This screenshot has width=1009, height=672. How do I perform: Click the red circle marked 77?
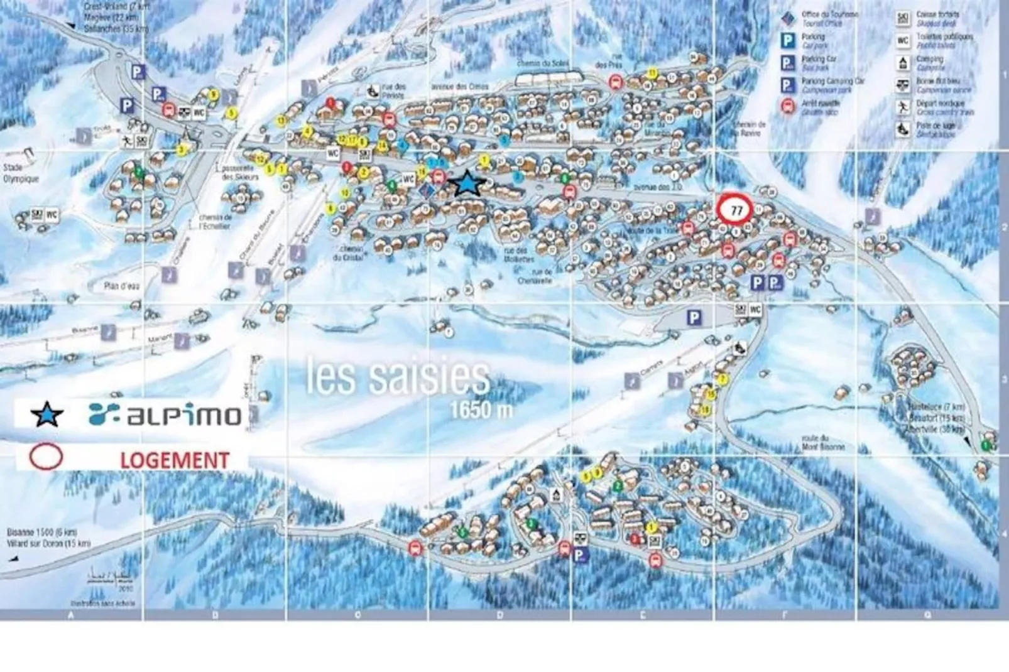(x=736, y=210)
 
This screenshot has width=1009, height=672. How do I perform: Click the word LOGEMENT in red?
(x=174, y=460)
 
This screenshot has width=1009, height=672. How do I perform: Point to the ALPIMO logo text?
(x=165, y=415)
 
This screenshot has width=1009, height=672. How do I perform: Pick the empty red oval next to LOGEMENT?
(x=46, y=457)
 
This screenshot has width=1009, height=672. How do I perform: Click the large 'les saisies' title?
(x=397, y=376)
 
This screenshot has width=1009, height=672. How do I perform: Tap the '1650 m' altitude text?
(x=481, y=409)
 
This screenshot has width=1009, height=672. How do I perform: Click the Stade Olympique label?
(x=20, y=173)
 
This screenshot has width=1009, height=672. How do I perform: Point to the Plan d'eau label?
(x=122, y=286)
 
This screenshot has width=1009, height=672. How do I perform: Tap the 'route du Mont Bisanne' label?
(x=822, y=443)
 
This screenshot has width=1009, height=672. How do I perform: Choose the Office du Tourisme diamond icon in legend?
(x=788, y=18)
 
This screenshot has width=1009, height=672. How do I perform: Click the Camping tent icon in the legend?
(x=903, y=63)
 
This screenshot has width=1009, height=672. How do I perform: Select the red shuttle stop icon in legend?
(x=788, y=106)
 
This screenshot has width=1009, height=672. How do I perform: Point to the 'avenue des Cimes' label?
(x=460, y=87)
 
